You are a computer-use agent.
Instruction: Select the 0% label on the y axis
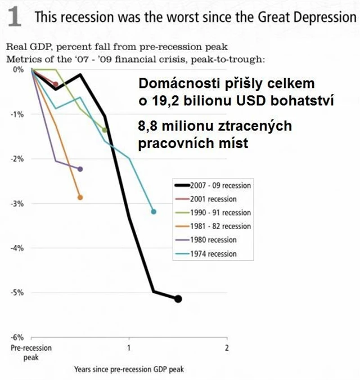(x=19, y=70)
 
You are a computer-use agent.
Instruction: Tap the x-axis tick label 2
(x=226, y=348)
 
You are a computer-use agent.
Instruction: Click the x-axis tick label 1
(x=129, y=348)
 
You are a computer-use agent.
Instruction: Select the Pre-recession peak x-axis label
(x=31, y=352)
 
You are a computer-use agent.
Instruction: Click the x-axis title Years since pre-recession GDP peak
(x=129, y=370)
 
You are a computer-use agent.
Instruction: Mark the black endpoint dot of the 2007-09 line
(x=178, y=299)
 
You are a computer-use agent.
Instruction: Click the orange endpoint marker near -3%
(x=80, y=197)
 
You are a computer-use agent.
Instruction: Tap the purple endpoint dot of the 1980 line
(x=80, y=169)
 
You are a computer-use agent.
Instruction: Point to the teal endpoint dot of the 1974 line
(x=154, y=212)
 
